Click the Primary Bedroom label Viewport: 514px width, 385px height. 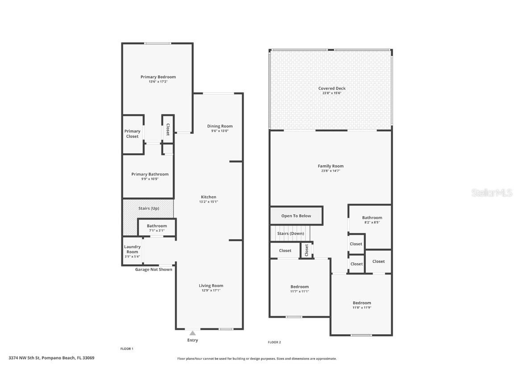pyautogui.click(x=158, y=77)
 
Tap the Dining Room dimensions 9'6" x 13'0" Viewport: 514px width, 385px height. pyautogui.click(x=220, y=131)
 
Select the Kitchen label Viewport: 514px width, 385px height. pyautogui.click(x=208, y=197)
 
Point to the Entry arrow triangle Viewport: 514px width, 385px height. pyautogui.click(x=192, y=333)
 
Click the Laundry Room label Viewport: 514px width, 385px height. pyautogui.click(x=132, y=249)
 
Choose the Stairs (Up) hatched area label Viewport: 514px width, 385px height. pyautogui.click(x=149, y=209)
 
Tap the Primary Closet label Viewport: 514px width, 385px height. pyautogui.click(x=132, y=134)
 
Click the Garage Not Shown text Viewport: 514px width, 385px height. pyautogui.click(x=153, y=270)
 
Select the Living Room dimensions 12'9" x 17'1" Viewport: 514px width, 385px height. pyautogui.click(x=211, y=291)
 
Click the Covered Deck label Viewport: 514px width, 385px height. pyautogui.click(x=332, y=88)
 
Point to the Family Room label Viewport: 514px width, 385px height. pyautogui.click(x=331, y=166)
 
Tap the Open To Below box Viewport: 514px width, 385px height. pyautogui.click(x=296, y=216)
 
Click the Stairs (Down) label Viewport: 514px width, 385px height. pyautogui.click(x=290, y=233)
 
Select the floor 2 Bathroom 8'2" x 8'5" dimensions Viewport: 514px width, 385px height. pyautogui.click(x=372, y=222)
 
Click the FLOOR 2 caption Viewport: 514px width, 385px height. pyautogui.click(x=274, y=342)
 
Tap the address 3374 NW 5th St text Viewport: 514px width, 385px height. pyautogui.click(x=51, y=357)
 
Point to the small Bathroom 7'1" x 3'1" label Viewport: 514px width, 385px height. pyautogui.click(x=157, y=226)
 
